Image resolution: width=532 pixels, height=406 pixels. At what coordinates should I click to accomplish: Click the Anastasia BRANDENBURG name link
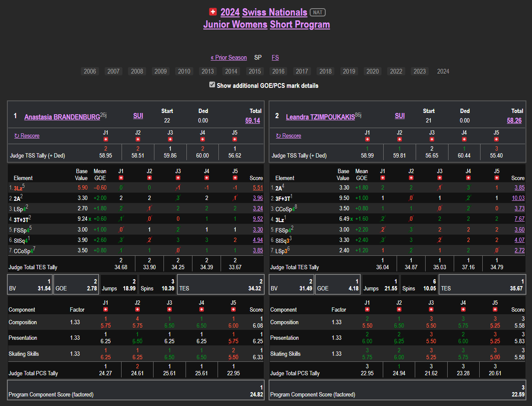tap(62, 117)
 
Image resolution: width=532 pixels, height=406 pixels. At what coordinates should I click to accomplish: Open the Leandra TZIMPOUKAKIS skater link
tap(320, 117)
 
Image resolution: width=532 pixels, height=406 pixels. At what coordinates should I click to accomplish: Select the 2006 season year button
tap(90, 71)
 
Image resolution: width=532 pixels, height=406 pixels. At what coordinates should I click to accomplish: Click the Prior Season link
tap(229, 58)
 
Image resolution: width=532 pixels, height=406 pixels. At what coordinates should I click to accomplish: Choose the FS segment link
tap(275, 58)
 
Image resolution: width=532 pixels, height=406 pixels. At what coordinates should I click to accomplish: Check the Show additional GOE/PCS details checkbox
tap(212, 85)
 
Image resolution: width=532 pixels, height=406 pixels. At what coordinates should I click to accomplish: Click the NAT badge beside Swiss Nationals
tap(318, 13)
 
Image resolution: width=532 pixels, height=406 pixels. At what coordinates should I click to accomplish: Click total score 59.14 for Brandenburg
tap(253, 120)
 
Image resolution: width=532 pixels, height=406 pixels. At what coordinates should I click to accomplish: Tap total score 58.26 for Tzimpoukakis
tap(514, 120)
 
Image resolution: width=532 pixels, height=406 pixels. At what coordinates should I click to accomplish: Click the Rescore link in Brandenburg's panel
tap(27, 135)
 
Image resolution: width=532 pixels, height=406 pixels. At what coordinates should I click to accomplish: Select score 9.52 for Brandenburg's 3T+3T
tap(258, 219)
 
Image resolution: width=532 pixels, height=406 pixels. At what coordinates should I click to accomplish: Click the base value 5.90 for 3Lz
tap(82, 188)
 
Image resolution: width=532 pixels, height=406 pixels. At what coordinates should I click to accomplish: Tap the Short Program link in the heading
tap(300, 25)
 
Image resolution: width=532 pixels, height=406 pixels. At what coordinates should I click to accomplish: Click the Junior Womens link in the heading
tap(235, 25)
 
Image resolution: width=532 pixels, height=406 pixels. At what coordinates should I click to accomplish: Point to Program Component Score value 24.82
tap(256, 394)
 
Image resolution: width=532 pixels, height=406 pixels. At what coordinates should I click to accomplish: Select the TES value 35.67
tap(516, 288)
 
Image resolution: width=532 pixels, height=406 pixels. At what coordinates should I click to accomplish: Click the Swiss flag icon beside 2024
tap(212, 12)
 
